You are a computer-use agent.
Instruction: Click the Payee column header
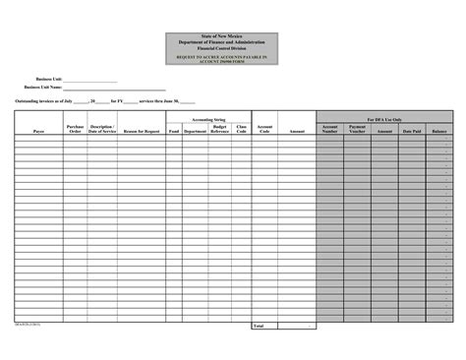tap(38, 131)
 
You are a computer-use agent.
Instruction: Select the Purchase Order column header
tap(75, 128)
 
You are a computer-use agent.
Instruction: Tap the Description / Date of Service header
tap(102, 128)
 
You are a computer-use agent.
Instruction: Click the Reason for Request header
tap(142, 131)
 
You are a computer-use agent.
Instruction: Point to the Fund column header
tap(174, 131)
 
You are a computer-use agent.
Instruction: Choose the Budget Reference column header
tap(219, 128)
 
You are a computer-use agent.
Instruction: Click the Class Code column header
tap(242, 128)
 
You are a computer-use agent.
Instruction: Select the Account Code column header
tap(264, 128)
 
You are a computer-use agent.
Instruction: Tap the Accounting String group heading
tap(207, 118)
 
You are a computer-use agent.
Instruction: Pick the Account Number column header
tap(329, 128)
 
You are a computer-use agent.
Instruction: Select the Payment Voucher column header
tap(357, 128)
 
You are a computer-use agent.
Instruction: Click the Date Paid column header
tap(411, 131)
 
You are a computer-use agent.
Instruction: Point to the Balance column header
tap(438, 131)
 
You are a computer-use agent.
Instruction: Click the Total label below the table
tap(260, 325)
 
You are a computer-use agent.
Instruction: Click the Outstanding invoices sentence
tap(105, 101)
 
